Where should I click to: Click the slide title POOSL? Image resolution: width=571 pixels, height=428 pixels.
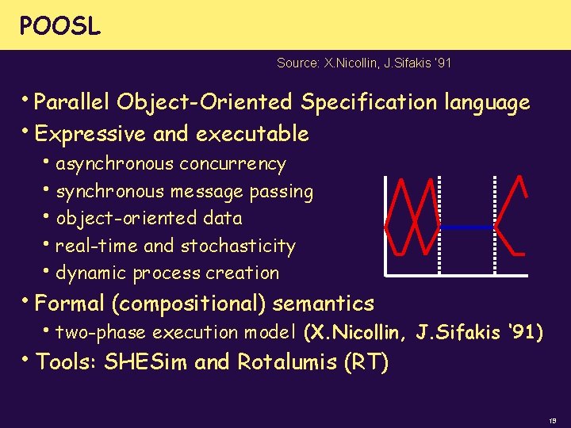click(x=60, y=26)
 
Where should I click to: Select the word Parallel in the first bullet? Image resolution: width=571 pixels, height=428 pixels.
click(x=73, y=103)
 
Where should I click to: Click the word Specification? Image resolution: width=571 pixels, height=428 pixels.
click(x=368, y=103)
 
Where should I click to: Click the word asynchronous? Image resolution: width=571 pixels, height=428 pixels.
click(x=115, y=164)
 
